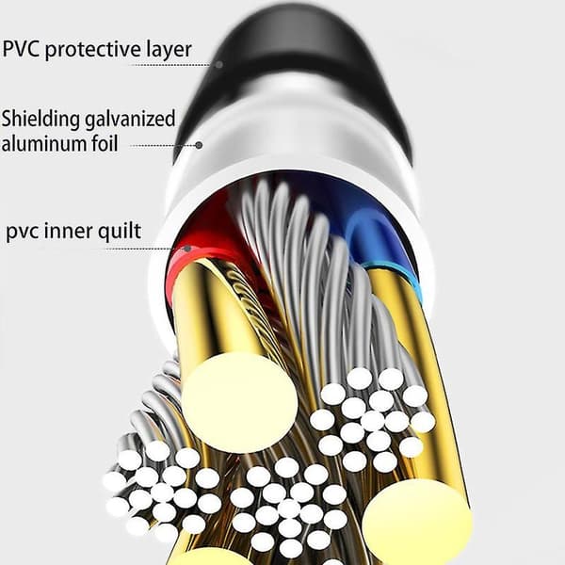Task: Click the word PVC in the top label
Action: pyautogui.click(x=22, y=49)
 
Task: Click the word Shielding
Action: pyautogui.click(x=40, y=120)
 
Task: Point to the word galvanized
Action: pyautogui.click(x=130, y=120)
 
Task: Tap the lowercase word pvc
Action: pyautogui.click(x=23, y=232)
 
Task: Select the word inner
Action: pyautogui.click(x=69, y=231)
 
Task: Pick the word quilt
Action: pyautogui.click(x=120, y=232)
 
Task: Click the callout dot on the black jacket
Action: pyautogui.click(x=219, y=65)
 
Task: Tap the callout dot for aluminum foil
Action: pyautogui.click(x=199, y=146)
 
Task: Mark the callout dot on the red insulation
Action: pyautogui.click(x=187, y=249)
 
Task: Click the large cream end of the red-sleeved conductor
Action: pyautogui.click(x=239, y=402)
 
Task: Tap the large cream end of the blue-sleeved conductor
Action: pyautogui.click(x=417, y=523)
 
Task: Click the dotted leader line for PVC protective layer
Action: pyautogui.click(x=172, y=65)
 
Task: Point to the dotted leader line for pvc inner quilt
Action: pyautogui.click(x=145, y=249)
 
